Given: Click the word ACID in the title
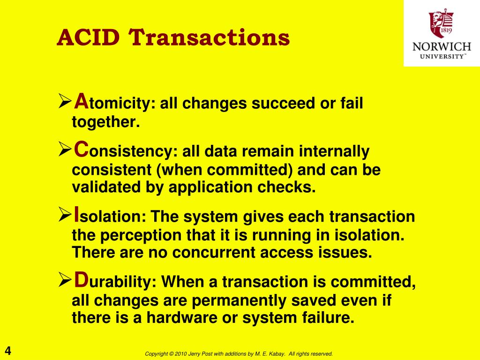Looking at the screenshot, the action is click(88, 37).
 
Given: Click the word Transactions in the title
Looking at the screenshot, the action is click(209, 37).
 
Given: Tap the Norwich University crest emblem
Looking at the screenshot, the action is click(441, 23).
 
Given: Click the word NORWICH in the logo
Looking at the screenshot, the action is click(442, 46).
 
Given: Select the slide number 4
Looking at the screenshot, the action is click(7, 351).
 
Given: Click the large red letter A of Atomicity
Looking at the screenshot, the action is click(81, 101).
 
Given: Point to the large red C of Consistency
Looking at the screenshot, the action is click(81, 149).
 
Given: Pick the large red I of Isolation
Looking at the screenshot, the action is click(76, 214).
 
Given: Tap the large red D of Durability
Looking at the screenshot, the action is click(81, 279).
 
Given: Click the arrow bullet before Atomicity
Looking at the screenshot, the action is click(65, 101).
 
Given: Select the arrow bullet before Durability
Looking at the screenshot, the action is click(65, 280).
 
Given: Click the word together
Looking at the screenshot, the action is click(106, 122).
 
